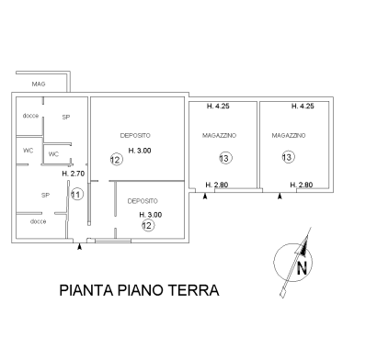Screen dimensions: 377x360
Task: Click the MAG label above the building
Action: tap(39, 84)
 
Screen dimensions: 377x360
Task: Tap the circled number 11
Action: tap(77, 195)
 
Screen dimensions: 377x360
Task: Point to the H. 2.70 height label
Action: tap(74, 174)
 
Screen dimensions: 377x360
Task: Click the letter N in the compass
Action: tap(302, 268)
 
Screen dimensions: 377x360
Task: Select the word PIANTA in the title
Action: tap(86, 290)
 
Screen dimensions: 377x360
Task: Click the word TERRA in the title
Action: tap(194, 290)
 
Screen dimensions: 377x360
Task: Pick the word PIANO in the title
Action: tap(141, 290)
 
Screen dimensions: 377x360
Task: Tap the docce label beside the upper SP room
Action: tap(30, 116)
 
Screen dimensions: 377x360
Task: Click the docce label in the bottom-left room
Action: tap(39, 221)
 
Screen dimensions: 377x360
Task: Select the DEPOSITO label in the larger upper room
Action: tap(135, 135)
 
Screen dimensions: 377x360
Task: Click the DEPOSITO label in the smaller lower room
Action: tap(143, 201)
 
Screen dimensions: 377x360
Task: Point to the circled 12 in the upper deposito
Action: tap(117, 160)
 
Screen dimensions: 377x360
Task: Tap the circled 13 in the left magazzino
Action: tap(225, 158)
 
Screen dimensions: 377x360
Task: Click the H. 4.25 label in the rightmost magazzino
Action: tap(303, 107)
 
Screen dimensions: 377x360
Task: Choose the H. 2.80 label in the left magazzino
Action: tap(217, 185)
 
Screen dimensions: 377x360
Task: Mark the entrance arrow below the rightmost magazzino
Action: tap(280, 197)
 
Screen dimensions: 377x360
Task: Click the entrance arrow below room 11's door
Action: tap(79, 246)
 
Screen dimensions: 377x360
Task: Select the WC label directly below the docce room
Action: tap(28, 151)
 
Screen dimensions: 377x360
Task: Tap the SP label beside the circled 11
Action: tap(45, 195)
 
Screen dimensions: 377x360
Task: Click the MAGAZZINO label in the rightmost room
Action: tap(289, 135)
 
